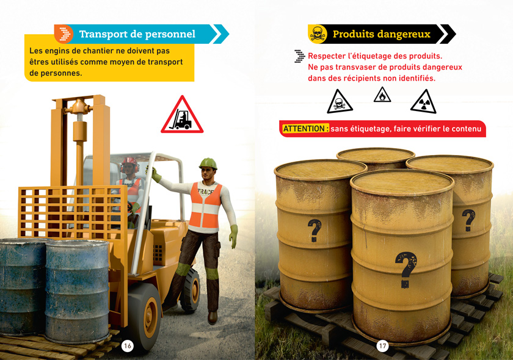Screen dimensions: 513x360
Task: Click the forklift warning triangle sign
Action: click(x=182, y=115)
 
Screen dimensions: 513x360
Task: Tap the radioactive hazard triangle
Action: click(x=423, y=102)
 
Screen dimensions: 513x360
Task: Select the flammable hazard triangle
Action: click(x=382, y=95)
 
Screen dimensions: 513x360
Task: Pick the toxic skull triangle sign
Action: click(x=340, y=102)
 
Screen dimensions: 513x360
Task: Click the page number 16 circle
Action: click(x=127, y=346)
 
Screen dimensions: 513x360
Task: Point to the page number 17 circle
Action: click(x=382, y=346)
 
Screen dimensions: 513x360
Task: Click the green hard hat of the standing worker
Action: click(x=208, y=163)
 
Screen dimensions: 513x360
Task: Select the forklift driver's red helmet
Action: click(x=130, y=162)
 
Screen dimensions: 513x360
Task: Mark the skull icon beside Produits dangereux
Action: click(x=318, y=34)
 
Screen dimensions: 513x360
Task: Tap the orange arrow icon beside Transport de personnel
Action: click(x=64, y=34)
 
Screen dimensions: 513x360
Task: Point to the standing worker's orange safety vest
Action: click(x=205, y=206)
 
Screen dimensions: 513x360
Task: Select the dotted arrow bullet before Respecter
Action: click(x=299, y=56)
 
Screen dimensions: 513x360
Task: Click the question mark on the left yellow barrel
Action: click(x=315, y=230)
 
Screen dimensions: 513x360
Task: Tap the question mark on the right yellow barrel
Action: click(x=468, y=220)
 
